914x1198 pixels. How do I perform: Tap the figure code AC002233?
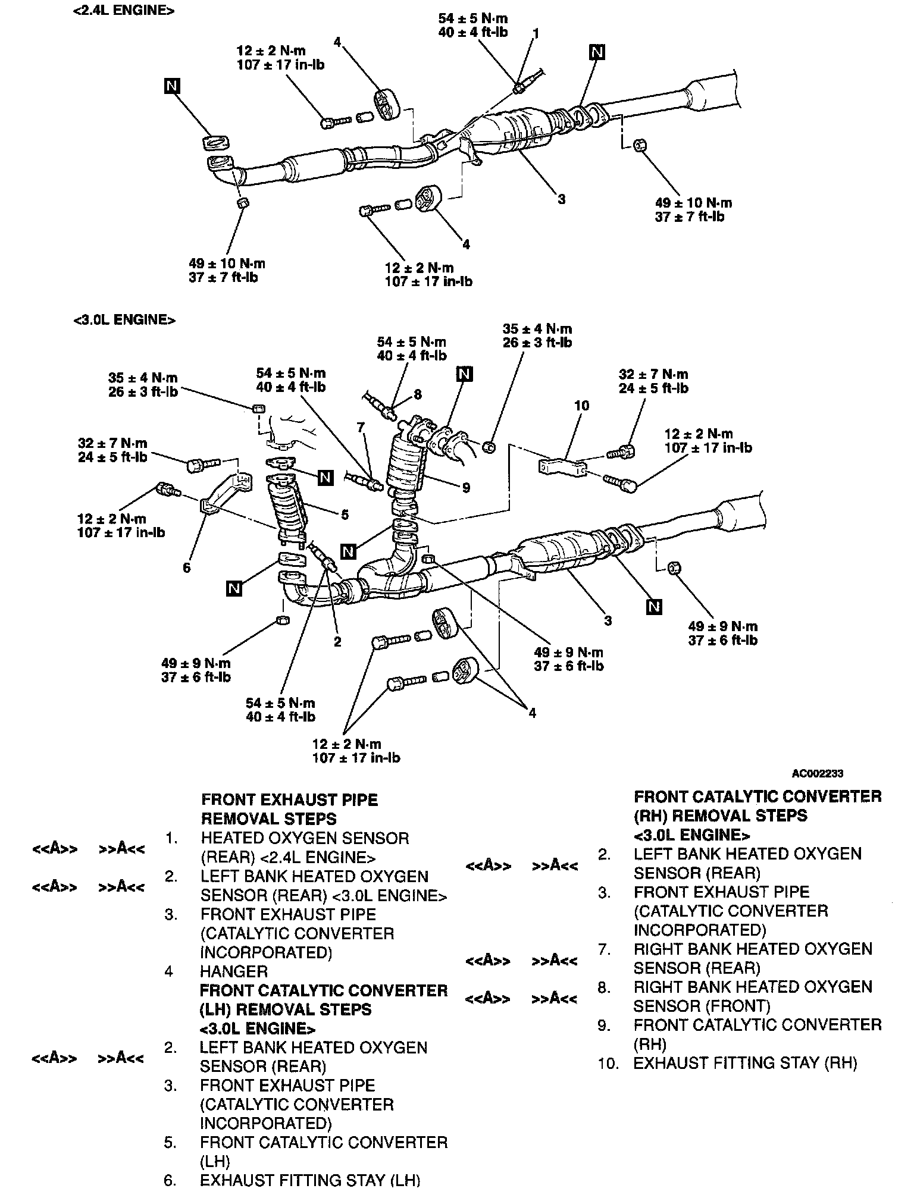tap(817, 774)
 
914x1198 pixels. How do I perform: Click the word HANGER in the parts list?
tap(234, 971)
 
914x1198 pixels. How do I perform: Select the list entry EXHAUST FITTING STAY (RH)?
tap(745, 1063)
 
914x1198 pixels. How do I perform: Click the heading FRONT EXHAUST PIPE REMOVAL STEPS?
tap(289, 809)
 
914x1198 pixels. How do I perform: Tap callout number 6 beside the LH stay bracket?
tap(187, 568)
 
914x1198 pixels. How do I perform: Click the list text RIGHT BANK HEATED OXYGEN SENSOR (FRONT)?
tap(752, 996)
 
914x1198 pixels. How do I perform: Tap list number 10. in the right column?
tap(608, 1063)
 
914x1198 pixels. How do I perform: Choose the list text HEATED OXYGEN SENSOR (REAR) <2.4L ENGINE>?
tap(305, 848)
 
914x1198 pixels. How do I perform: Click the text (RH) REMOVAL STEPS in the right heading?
tap(720, 815)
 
